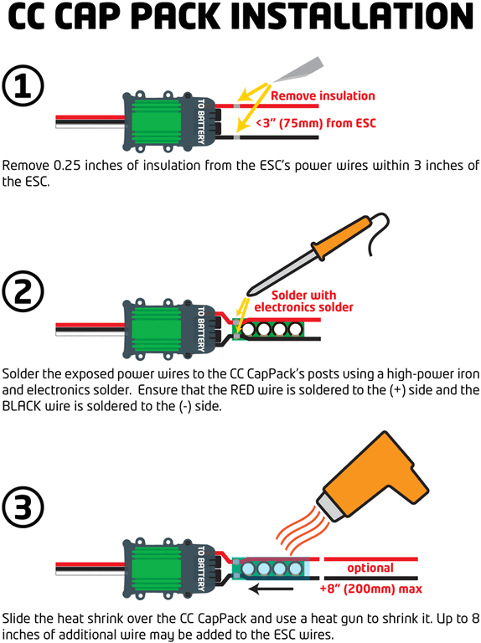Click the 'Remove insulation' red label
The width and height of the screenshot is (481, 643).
(x=323, y=95)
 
